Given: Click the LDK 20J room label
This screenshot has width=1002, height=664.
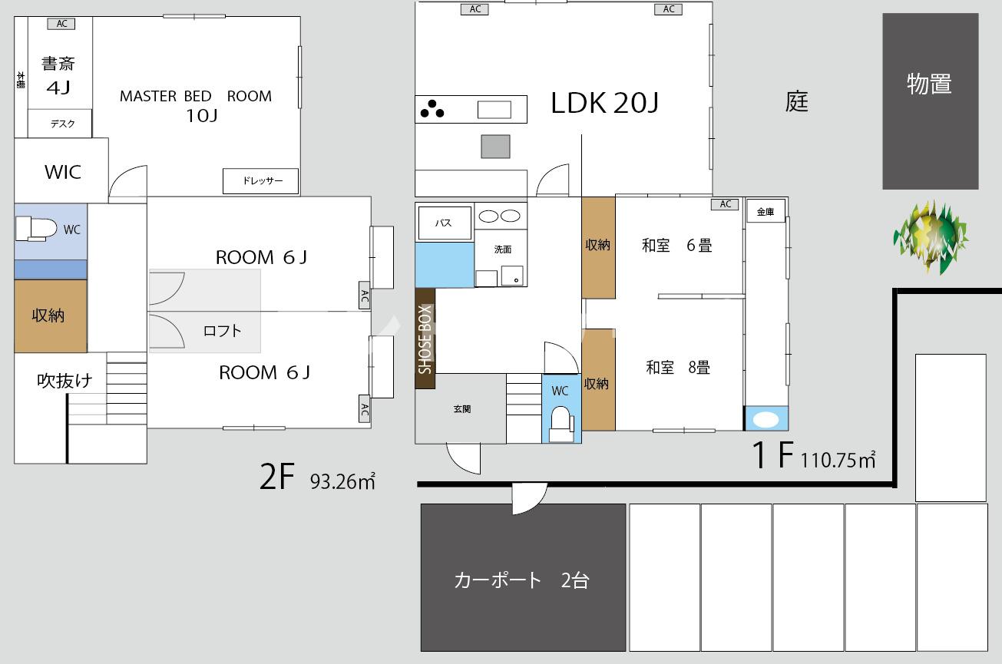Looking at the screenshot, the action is (x=604, y=103).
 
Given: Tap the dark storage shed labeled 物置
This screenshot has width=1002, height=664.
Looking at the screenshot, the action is (x=931, y=101).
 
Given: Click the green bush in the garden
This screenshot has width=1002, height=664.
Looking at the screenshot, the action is (x=931, y=238).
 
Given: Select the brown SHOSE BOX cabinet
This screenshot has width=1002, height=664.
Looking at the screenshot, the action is (x=425, y=339).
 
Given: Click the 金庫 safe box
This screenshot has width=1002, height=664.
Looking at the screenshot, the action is (x=766, y=211).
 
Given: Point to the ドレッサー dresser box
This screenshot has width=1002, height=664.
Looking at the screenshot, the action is (x=261, y=181).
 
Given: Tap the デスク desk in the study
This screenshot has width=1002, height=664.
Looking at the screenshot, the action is (x=60, y=124).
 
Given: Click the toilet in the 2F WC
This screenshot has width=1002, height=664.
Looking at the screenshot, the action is (x=36, y=229).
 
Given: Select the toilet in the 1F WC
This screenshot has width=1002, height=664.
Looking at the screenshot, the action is (x=562, y=424).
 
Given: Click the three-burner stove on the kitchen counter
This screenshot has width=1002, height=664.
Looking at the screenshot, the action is (x=432, y=109).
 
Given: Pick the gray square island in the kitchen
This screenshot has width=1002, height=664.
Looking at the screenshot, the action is (x=496, y=146).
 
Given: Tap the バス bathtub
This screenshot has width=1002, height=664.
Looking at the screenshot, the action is (x=445, y=223).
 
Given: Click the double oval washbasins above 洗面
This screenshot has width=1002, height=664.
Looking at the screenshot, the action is (x=500, y=216).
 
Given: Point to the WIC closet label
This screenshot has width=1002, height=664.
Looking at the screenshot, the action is (x=63, y=172).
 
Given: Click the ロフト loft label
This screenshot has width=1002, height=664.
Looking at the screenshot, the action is (x=223, y=331).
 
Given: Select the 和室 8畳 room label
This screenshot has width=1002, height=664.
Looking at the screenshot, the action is (x=678, y=367).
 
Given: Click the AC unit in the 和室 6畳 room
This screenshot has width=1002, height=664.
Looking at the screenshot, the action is (x=725, y=204).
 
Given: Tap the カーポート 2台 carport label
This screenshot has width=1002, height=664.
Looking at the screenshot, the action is (x=521, y=580).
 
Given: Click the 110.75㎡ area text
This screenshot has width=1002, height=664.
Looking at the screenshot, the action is (x=838, y=460).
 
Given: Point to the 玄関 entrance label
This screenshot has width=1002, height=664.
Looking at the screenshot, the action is (x=461, y=408).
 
